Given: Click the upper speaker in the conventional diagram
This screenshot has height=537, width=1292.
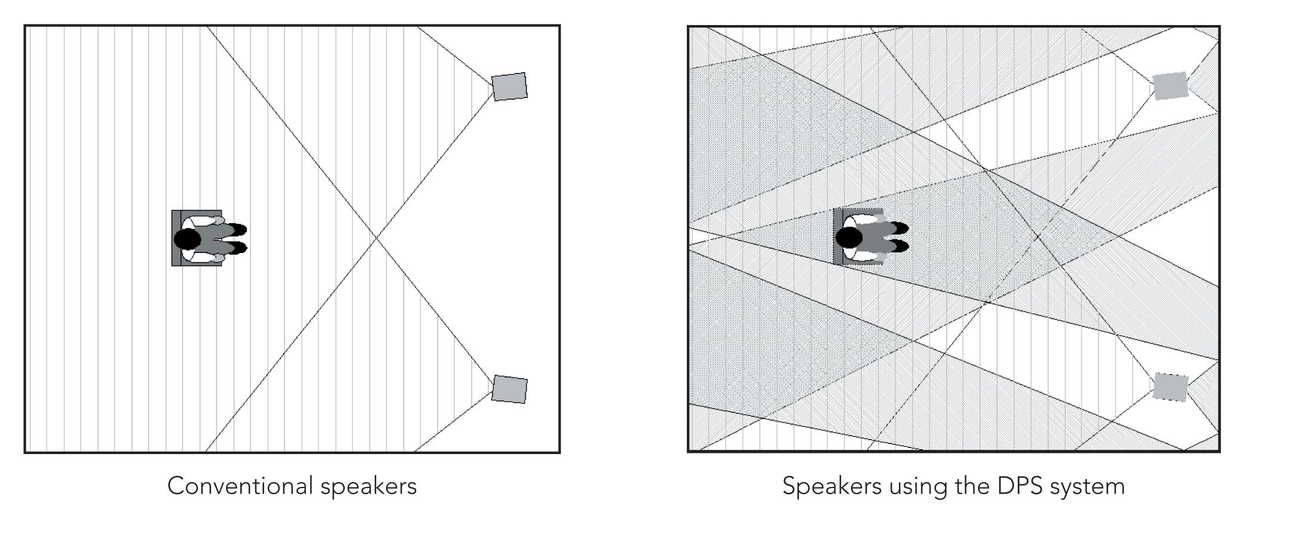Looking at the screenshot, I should (509, 87).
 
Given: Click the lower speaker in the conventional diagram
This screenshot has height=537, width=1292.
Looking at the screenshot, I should (509, 389).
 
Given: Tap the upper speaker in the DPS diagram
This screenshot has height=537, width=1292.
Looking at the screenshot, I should (1170, 86).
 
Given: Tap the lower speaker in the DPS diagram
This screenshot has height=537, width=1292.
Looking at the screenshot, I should (1170, 387).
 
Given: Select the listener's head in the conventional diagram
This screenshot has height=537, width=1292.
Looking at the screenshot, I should (187, 239).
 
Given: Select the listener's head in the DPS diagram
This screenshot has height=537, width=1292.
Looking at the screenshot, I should (849, 237).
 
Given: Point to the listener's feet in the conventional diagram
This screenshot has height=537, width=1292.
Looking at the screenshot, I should (238, 238).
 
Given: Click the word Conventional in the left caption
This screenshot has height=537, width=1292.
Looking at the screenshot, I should (240, 486).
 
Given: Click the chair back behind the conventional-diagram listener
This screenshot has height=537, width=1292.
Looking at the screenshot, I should (176, 238).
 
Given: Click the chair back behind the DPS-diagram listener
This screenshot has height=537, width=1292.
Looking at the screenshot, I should (837, 236).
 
